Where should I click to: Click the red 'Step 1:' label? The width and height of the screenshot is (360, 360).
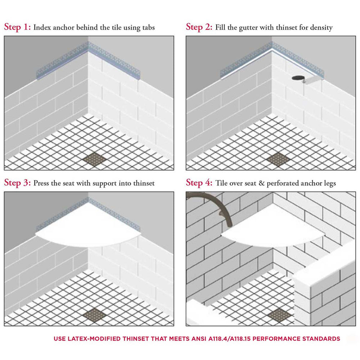pyautogui.click(x=17, y=27)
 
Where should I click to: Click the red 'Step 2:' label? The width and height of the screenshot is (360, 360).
pyautogui.click(x=199, y=27)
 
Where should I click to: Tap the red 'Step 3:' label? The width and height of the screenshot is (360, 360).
pyautogui.click(x=17, y=183)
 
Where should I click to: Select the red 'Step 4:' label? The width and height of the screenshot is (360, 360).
pyautogui.click(x=199, y=183)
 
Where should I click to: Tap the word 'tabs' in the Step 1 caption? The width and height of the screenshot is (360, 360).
pyautogui.click(x=147, y=28)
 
